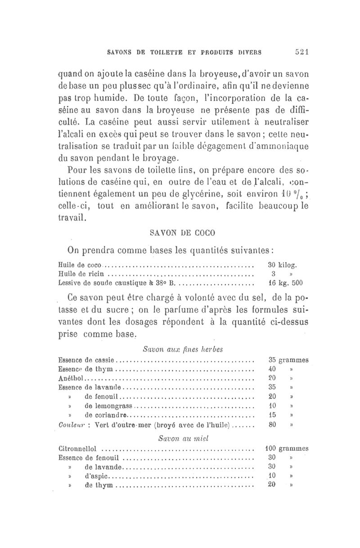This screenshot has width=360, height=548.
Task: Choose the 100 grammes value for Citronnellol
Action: [286, 448]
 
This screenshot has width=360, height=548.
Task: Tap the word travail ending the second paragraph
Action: [75, 217]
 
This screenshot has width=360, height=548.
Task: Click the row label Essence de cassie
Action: [87, 360]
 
